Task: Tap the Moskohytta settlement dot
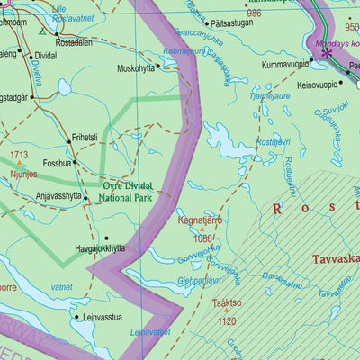click(158, 65)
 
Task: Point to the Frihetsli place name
click(84, 138)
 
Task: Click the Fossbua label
click(57, 164)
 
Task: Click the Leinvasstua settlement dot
click(75, 316)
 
